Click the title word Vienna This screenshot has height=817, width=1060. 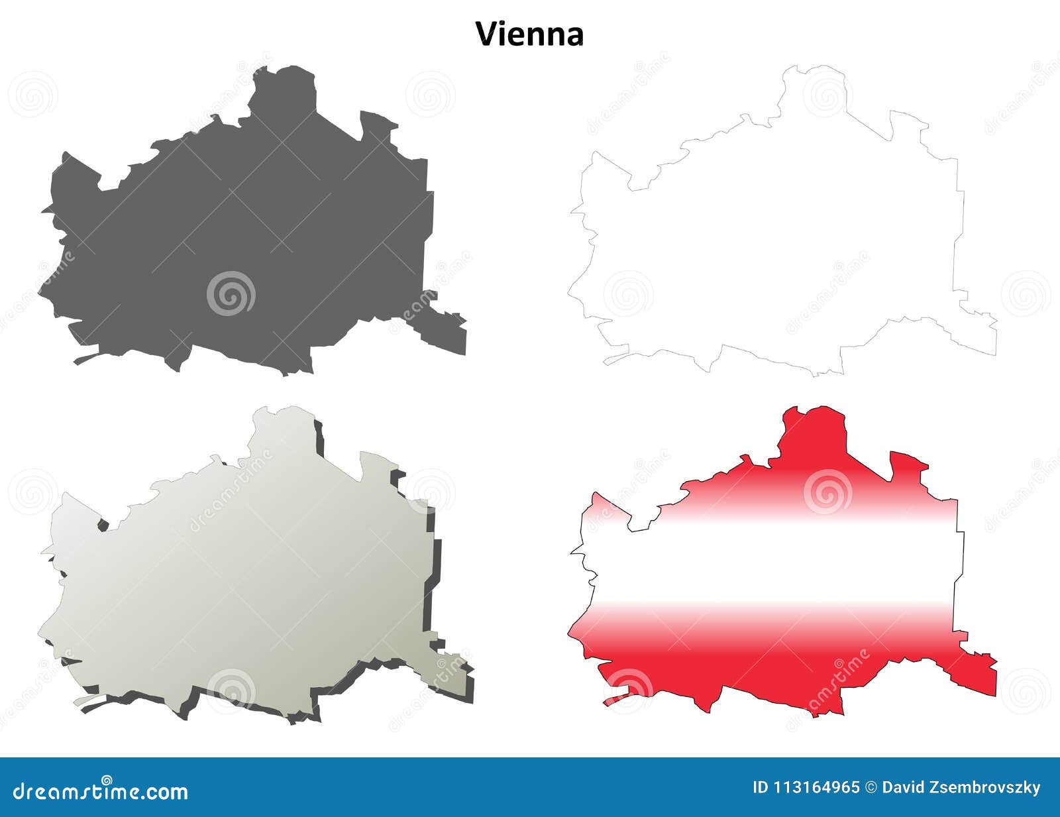point(529,34)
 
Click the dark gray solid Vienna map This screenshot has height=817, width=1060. point(252,219)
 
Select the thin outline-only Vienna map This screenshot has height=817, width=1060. point(782,219)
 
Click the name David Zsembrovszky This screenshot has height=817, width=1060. point(961,788)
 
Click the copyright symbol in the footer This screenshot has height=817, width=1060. point(871,788)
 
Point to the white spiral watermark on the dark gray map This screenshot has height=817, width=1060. point(231,293)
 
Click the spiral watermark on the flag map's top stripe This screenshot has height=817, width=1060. point(827,492)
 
